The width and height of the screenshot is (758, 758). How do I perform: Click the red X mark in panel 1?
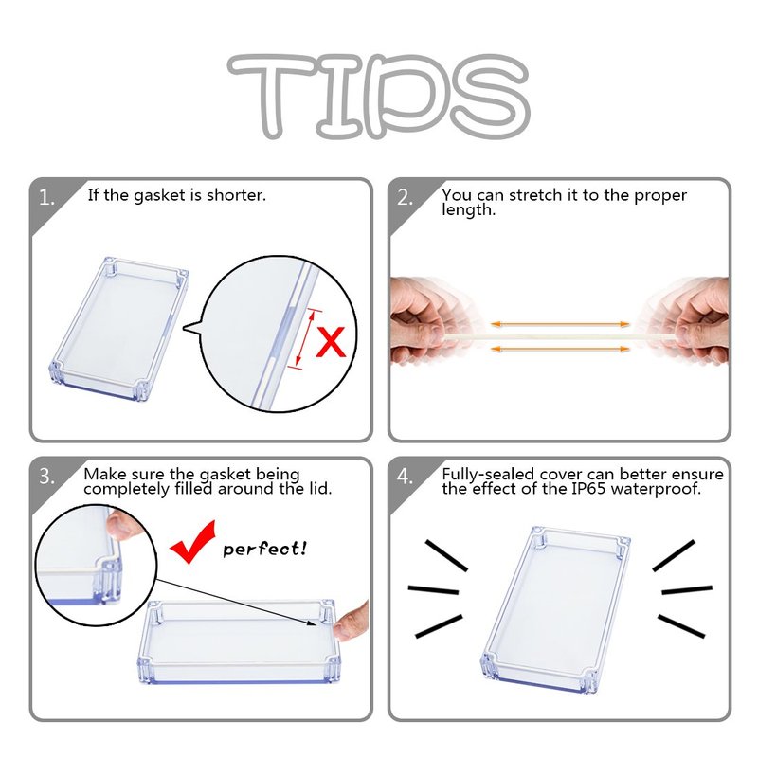(331, 342)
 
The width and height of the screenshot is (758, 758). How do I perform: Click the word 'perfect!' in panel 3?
(264, 550)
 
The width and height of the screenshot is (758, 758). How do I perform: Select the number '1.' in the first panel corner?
(46, 198)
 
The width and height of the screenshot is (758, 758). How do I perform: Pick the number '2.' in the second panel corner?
(406, 198)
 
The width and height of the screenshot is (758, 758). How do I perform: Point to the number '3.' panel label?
(46, 478)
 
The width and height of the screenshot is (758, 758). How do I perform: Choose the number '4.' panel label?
(406, 478)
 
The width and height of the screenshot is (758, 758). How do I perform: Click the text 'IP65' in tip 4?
(588, 489)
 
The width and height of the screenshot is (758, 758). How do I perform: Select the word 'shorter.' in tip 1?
(236, 195)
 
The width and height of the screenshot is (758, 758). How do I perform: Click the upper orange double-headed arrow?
(560, 324)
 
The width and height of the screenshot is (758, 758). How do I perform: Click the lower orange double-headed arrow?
(560, 349)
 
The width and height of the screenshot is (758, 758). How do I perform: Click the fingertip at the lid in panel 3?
(350, 623)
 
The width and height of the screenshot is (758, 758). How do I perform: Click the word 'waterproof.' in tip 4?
(656, 490)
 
